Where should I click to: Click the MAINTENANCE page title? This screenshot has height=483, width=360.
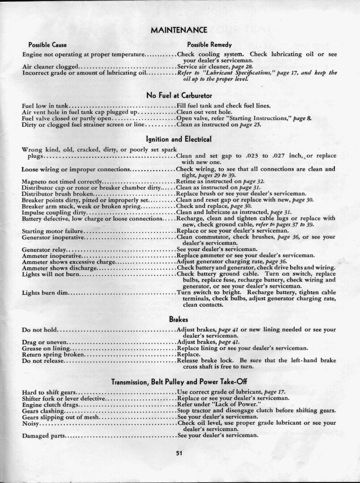coord(179,30)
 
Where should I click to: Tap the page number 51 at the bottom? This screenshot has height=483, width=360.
coord(179,453)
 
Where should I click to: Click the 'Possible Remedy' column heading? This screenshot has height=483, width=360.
coord(210,45)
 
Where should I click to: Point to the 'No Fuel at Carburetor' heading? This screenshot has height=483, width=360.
coord(179,95)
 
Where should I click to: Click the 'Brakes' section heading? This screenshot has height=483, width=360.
coord(178,319)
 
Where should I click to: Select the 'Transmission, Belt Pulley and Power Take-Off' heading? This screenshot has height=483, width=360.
coord(179,382)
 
